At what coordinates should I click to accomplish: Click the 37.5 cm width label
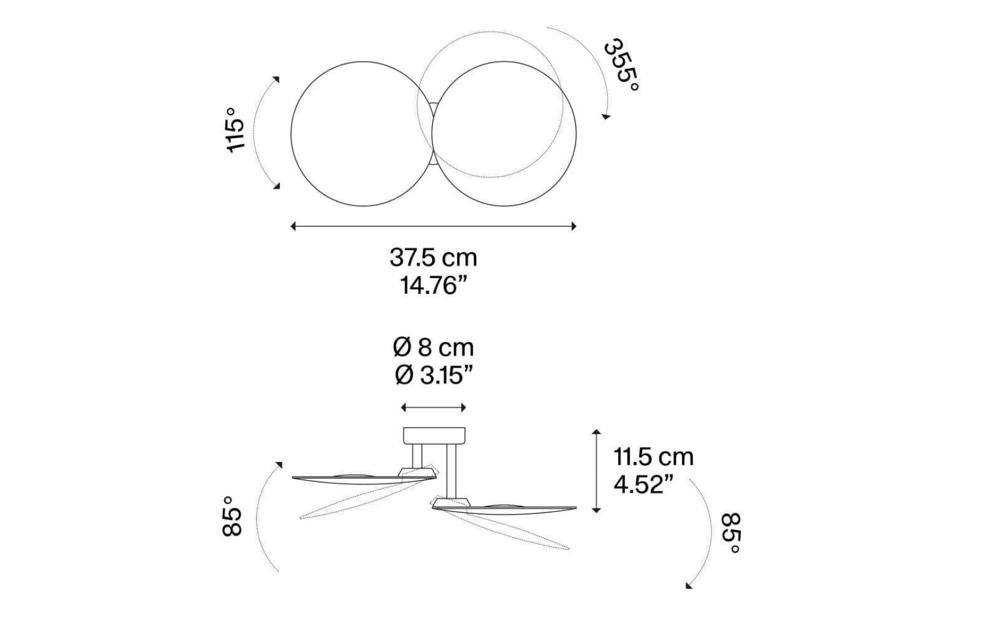click(433, 257)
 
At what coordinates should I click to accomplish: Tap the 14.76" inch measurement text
click(433, 286)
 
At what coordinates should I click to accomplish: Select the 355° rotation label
click(621, 65)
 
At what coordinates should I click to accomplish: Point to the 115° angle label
click(235, 130)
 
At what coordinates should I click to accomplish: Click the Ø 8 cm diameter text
click(433, 348)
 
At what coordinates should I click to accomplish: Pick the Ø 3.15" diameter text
click(433, 376)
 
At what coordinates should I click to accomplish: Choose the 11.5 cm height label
click(653, 457)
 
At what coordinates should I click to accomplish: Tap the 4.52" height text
click(643, 485)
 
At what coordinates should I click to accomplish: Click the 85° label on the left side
click(232, 516)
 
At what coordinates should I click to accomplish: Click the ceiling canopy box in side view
click(433, 436)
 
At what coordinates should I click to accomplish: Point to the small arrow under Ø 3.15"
click(433, 408)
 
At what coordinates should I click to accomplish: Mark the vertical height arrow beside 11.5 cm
click(597, 471)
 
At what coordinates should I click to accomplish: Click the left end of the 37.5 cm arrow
click(293, 226)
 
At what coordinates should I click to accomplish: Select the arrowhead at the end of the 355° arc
click(605, 117)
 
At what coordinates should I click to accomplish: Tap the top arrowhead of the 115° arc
click(276, 79)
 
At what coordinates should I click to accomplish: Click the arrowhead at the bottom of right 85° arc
click(688, 585)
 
